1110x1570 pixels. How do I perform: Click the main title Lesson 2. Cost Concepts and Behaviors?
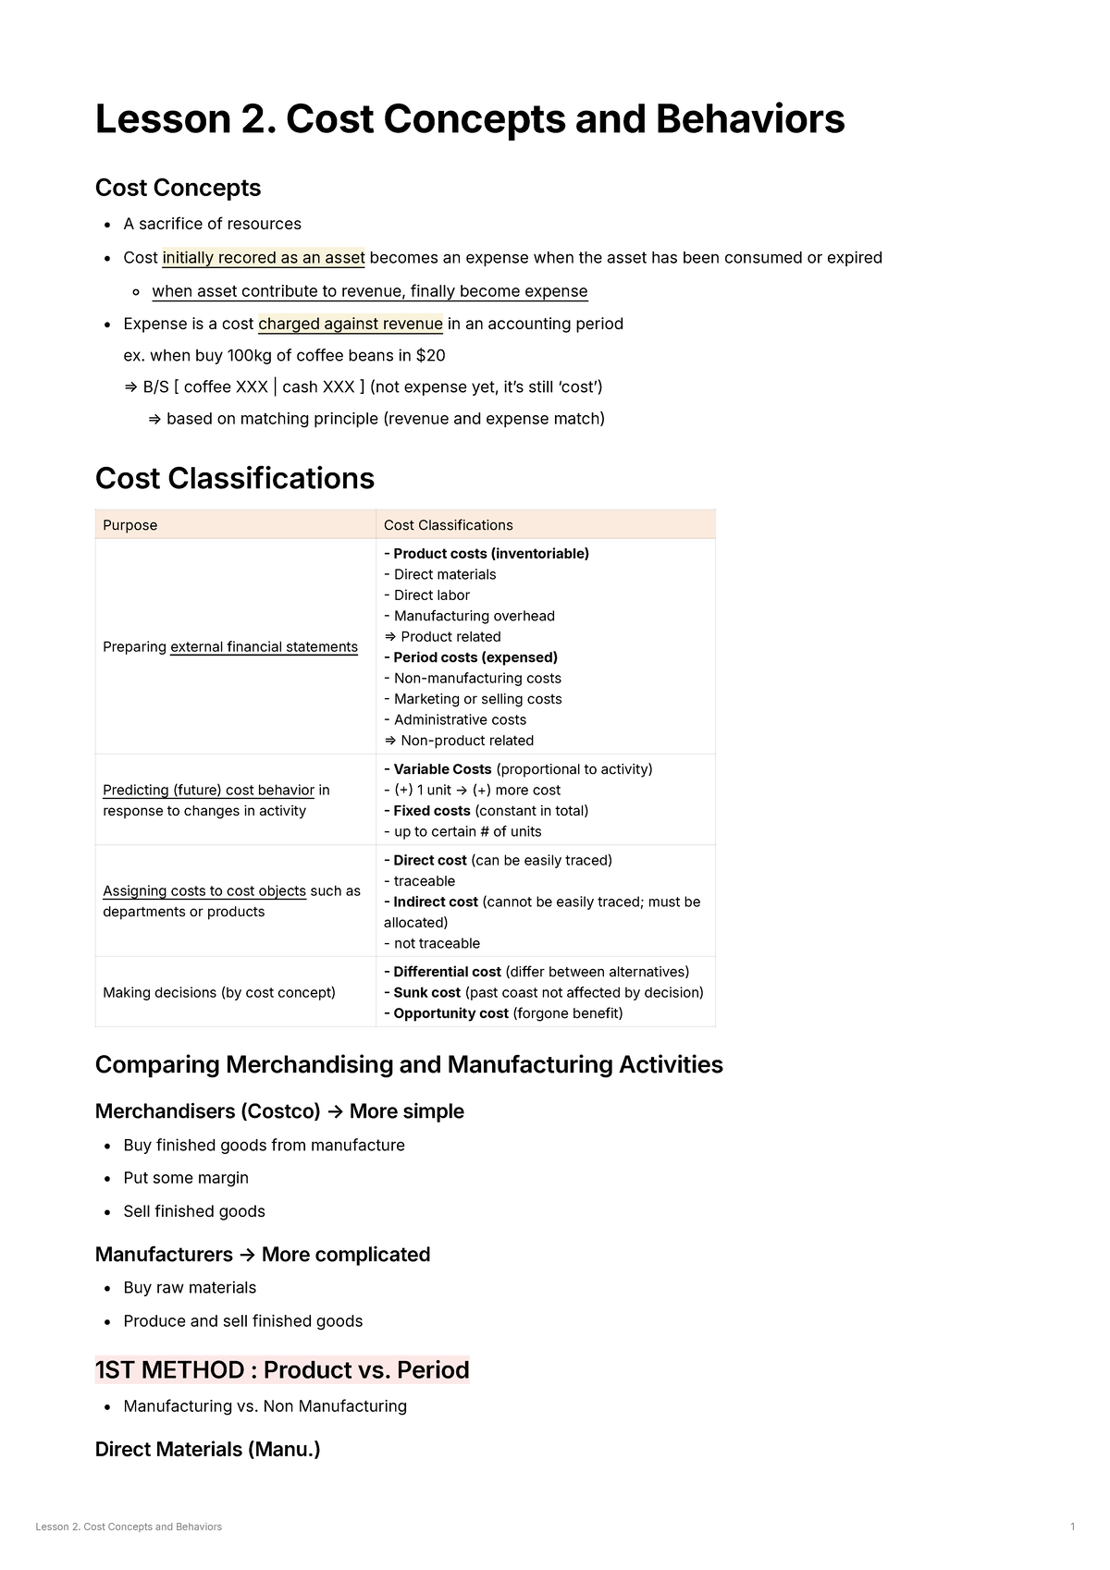(x=469, y=120)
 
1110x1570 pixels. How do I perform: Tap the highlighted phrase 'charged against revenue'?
(x=350, y=324)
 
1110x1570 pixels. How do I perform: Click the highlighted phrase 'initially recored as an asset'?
(x=264, y=257)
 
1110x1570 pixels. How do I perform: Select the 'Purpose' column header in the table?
(x=130, y=525)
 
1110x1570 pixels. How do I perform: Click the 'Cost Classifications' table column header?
(x=448, y=525)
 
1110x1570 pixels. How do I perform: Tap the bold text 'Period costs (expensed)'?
(x=475, y=657)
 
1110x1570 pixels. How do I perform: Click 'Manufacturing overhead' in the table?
(x=474, y=616)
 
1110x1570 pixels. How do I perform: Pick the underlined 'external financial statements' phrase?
(x=264, y=647)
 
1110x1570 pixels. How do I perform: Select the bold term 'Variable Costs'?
(x=442, y=769)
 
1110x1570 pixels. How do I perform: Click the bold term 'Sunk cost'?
(x=426, y=992)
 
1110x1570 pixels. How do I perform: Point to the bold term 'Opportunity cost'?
(x=450, y=1013)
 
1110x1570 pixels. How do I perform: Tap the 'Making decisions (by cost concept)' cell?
(x=219, y=992)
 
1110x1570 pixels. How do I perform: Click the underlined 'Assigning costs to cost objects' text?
(x=204, y=890)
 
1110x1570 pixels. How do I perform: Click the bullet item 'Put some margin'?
(x=186, y=1178)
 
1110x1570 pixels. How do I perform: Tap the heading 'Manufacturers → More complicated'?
(x=263, y=1255)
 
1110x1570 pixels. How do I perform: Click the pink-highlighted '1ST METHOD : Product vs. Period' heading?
(x=282, y=1369)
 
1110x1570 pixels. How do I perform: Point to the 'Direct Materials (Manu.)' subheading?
(x=207, y=1449)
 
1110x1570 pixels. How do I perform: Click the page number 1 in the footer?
(x=1072, y=1527)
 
